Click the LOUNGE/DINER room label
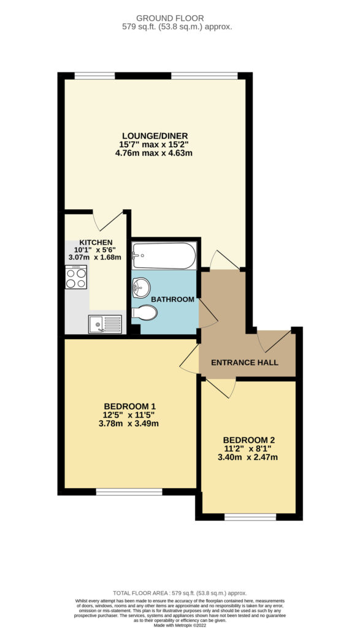155,136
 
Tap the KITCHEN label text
96,242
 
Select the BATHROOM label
172,299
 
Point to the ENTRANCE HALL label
244,363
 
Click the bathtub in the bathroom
164,256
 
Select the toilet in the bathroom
144,312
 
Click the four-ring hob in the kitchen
76,277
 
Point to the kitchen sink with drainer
105,324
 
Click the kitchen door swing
107,221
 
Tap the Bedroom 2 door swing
221,388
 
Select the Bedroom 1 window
129,491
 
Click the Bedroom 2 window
250,516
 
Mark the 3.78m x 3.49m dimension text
129,423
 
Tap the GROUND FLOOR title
170,18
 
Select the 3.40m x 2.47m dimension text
248,457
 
